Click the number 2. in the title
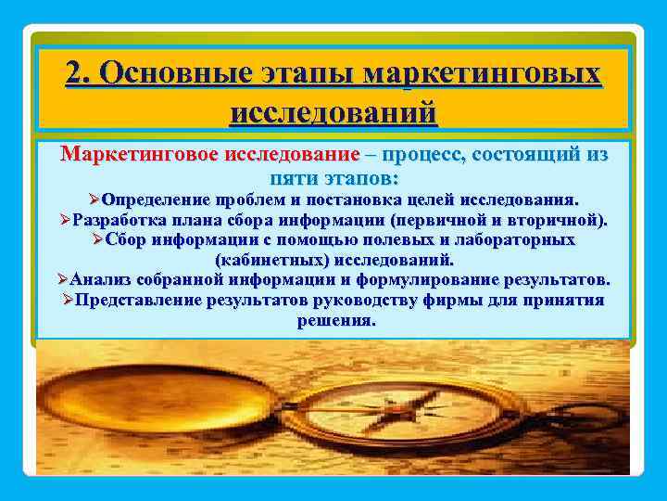80,74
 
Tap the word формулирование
412,279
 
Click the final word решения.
335,320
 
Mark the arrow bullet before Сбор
98,240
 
